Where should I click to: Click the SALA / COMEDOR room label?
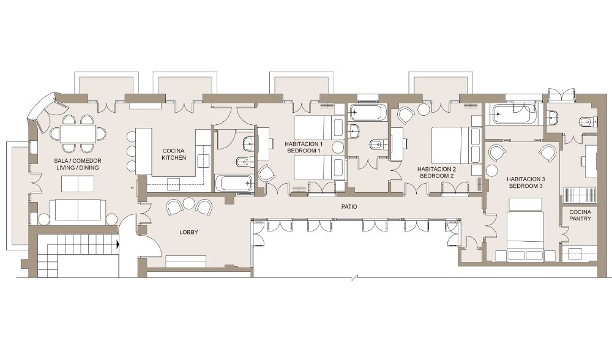(77, 161)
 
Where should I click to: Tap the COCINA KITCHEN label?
(174, 154)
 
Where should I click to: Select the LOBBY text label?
(188, 232)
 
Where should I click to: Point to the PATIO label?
(349, 207)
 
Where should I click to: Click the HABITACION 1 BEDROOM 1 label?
(304, 147)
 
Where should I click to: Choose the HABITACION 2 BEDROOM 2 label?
(436, 173)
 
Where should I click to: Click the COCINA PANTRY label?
(580, 215)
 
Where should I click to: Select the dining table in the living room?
(78, 134)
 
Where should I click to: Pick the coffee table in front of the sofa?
(78, 184)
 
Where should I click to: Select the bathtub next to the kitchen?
(234, 182)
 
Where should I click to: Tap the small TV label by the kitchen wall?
(133, 189)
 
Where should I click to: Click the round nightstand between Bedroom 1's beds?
(338, 147)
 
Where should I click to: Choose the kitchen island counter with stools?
(143, 151)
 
